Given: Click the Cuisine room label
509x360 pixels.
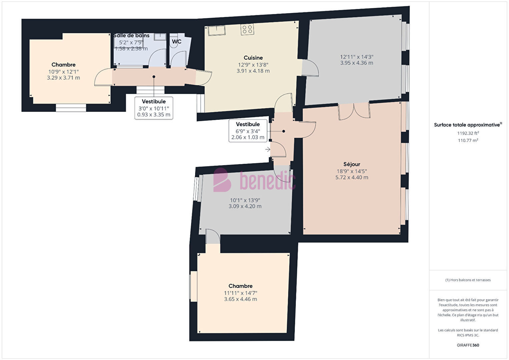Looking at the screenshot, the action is tap(253, 58).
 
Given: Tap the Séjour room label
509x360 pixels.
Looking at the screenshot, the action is tap(352, 164).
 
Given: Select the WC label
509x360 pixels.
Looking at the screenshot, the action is tap(176, 42).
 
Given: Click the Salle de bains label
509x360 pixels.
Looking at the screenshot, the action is tap(131, 35).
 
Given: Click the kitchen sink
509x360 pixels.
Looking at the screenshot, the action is tap(217, 30).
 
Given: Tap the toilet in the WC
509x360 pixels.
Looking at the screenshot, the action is tap(174, 41).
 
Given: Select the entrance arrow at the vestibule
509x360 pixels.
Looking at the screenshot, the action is tap(268, 149).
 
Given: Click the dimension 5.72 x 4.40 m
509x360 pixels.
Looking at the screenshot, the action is tap(352, 177).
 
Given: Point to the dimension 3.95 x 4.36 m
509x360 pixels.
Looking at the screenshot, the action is tap(357, 63).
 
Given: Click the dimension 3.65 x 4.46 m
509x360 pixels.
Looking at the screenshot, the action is tap(240, 299).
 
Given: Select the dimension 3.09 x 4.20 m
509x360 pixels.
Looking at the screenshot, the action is tap(245, 206).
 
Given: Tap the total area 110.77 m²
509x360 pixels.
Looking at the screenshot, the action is tap(468, 140).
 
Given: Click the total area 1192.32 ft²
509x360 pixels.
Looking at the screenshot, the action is tap(468, 133).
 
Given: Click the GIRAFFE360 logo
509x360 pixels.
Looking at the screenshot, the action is tap(468, 345).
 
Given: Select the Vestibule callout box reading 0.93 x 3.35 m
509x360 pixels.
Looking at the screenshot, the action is tap(154, 108).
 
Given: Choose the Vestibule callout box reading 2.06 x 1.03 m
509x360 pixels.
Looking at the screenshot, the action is tap(248, 131).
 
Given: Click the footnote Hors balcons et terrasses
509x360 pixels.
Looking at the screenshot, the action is tap(468, 280).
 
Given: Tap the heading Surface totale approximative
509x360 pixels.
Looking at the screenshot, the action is tap(468, 124).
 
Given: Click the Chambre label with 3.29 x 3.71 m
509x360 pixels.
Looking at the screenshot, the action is tap(63, 65).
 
